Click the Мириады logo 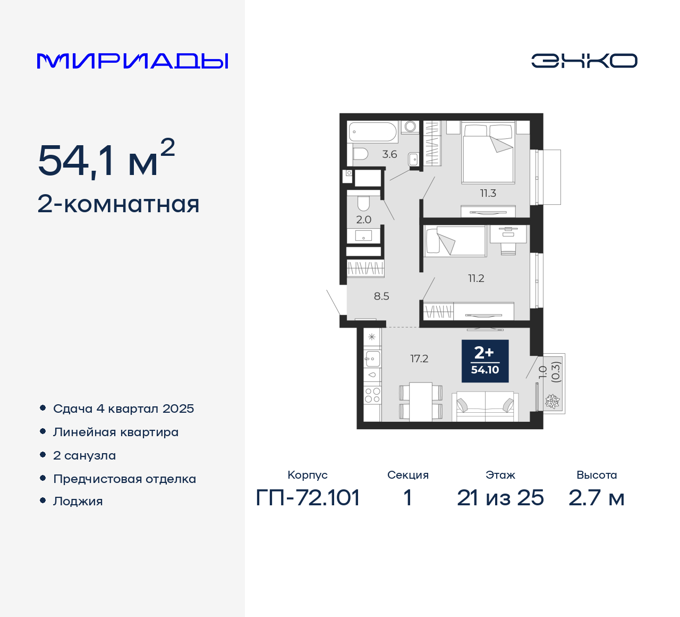(x=133, y=61)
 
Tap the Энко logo (x=584, y=61)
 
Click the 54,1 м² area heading (x=106, y=159)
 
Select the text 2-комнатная (x=118, y=204)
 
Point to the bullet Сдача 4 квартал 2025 (x=123, y=408)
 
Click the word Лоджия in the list (x=78, y=501)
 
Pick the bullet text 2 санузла (x=84, y=455)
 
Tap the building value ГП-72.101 (x=308, y=498)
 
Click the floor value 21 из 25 (x=500, y=498)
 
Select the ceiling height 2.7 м (x=596, y=498)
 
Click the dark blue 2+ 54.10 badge (x=485, y=361)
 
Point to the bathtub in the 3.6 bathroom (x=372, y=132)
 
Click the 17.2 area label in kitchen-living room (x=419, y=359)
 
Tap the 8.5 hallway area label (x=381, y=296)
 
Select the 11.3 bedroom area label (x=488, y=194)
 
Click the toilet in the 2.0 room (x=363, y=203)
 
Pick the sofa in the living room (x=485, y=406)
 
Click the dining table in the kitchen (x=421, y=401)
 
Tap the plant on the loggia (x=552, y=402)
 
